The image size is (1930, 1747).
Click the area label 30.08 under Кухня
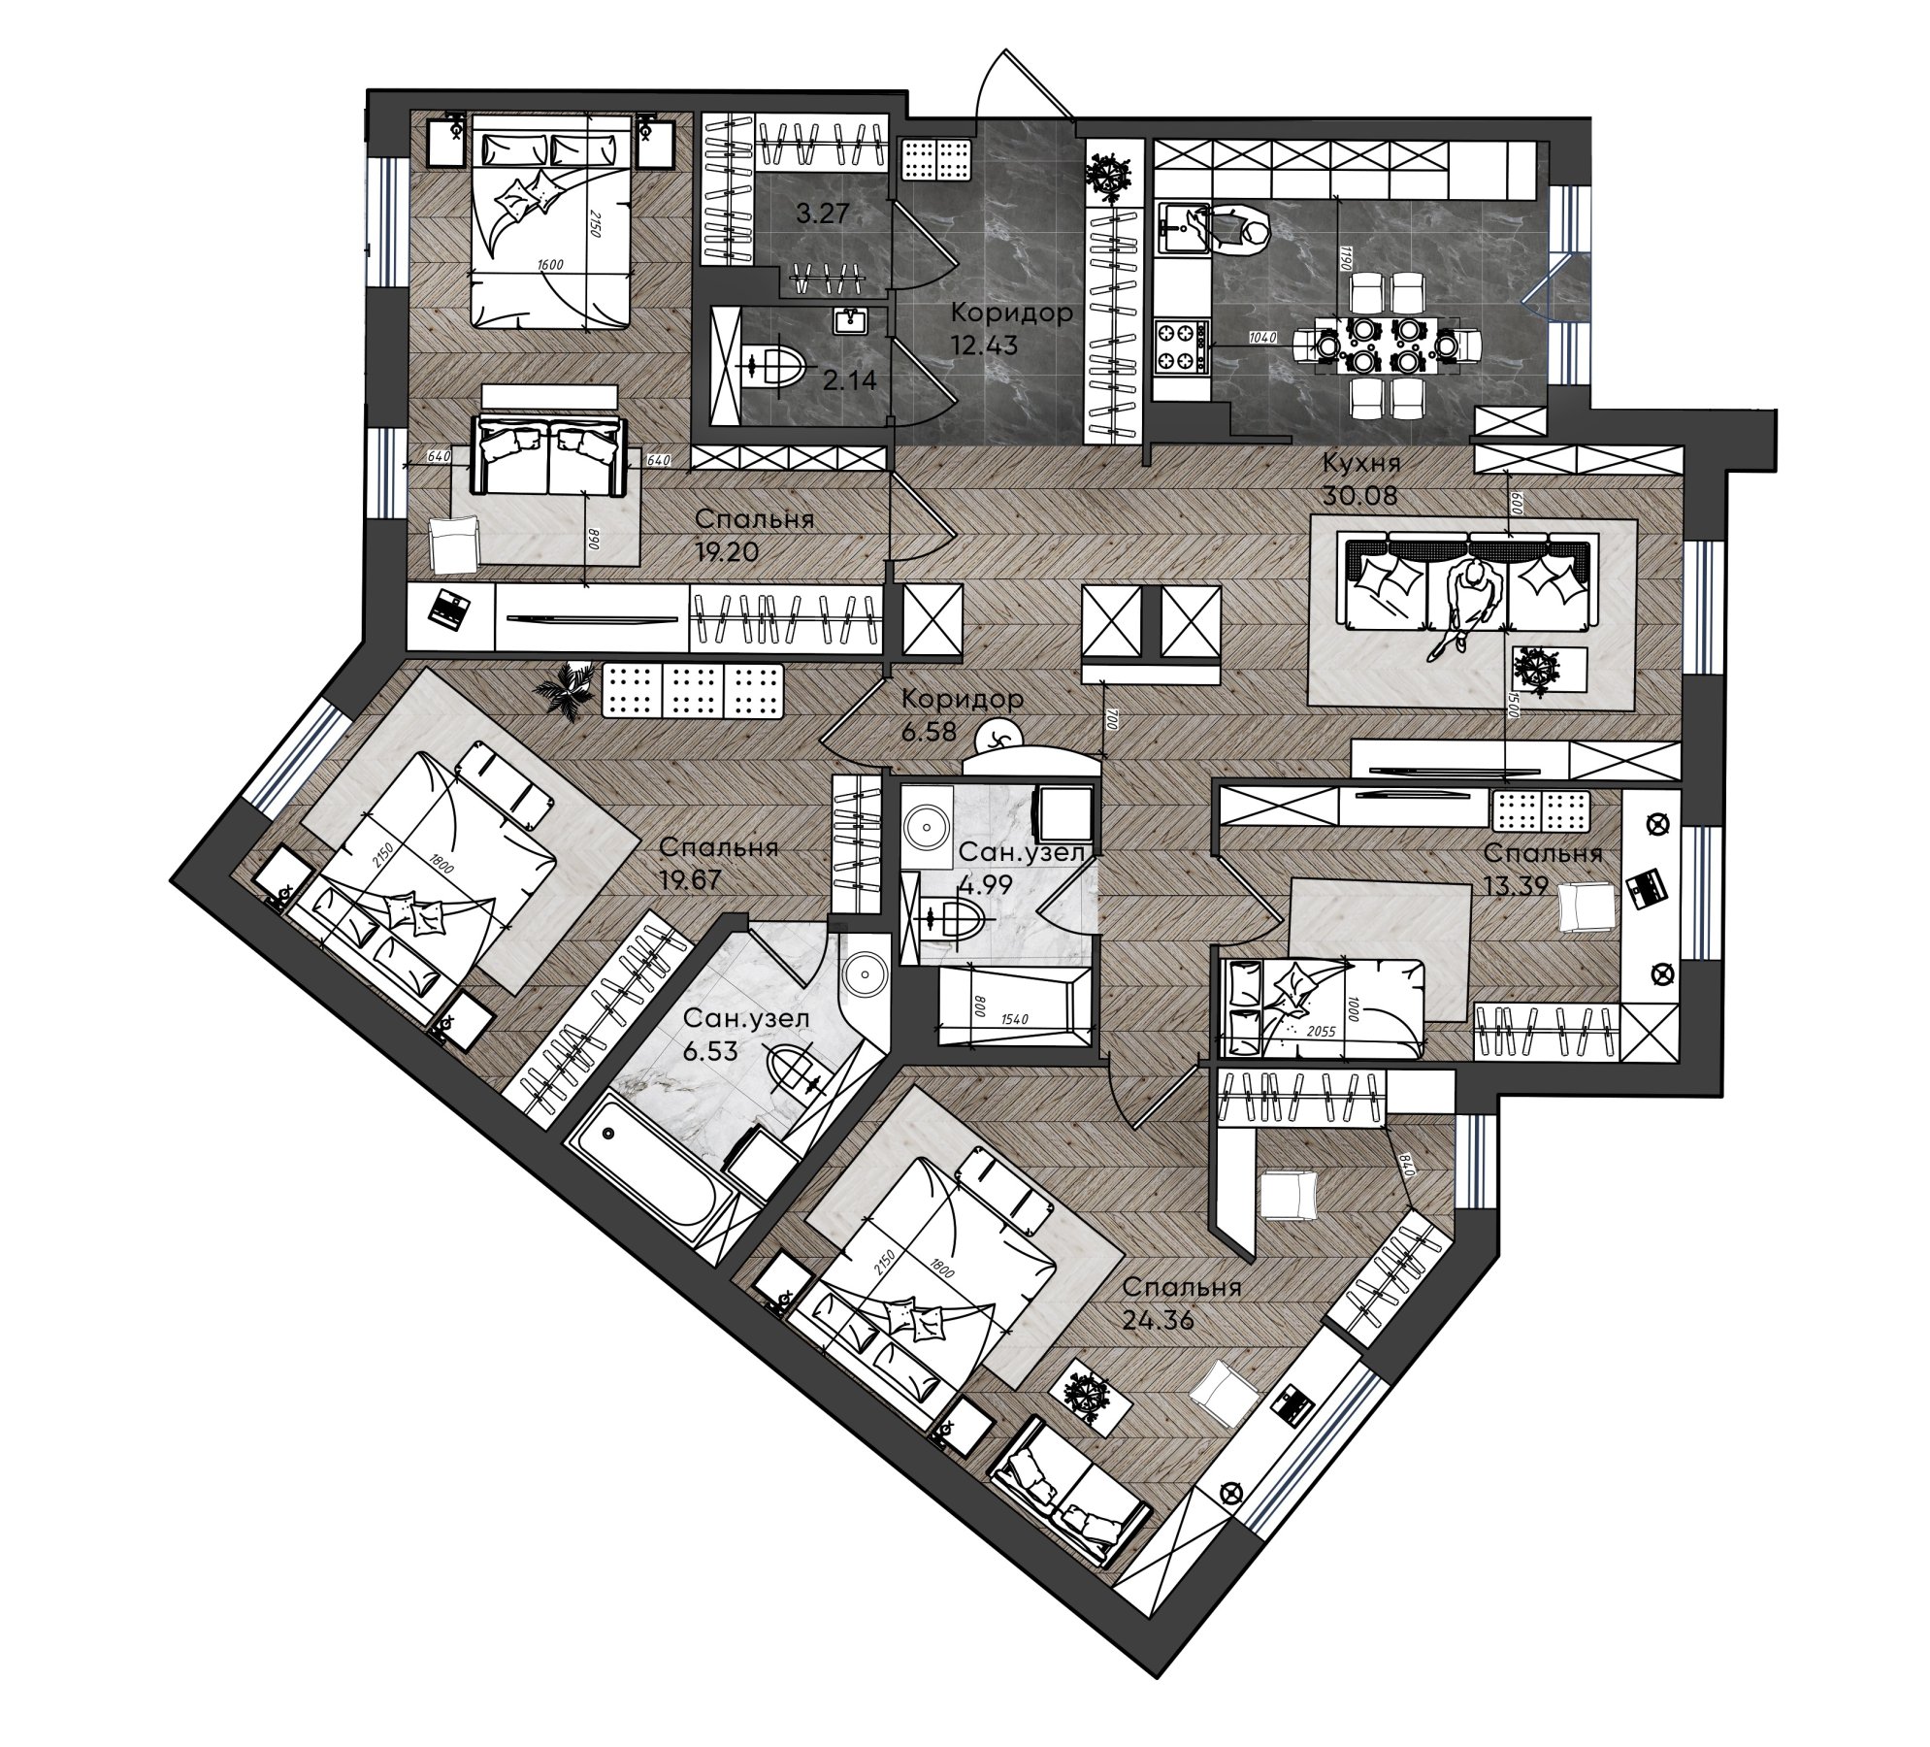[x=1358, y=496]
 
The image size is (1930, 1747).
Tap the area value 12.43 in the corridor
[x=984, y=345]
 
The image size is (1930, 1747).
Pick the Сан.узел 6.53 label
[x=744, y=1034]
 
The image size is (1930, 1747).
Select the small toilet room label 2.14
[x=849, y=380]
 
